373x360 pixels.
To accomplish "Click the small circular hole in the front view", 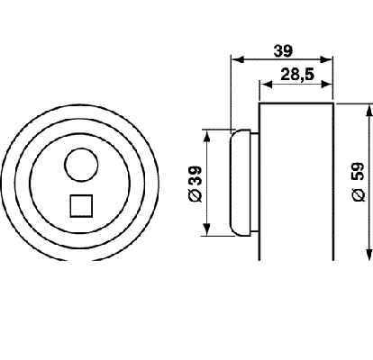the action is coord(81,165).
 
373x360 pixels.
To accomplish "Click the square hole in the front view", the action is coord(81,206).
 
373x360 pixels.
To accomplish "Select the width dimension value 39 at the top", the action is coord(283,51).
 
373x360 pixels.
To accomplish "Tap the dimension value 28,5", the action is coord(297,75).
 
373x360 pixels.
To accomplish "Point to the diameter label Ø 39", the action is coord(196,184).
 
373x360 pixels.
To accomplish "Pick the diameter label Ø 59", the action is coord(359,182).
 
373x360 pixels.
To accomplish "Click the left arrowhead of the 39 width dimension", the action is coord(238,59).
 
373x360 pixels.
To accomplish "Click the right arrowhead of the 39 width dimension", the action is coord(326,59).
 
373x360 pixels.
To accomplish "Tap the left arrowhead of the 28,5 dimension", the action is coord(266,85).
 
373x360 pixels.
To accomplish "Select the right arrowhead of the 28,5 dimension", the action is coord(326,85).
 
